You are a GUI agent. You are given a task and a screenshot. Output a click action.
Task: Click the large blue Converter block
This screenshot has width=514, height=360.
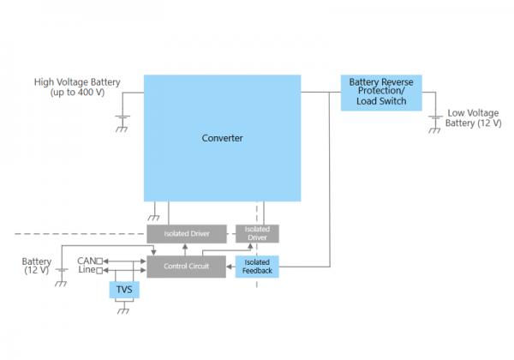(222, 138)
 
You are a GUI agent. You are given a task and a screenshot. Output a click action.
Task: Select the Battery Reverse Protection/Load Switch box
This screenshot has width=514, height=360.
(381, 93)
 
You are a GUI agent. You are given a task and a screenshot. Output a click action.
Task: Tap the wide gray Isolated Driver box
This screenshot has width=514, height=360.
(186, 234)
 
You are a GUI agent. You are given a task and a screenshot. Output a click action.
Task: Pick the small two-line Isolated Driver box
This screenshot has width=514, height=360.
(257, 233)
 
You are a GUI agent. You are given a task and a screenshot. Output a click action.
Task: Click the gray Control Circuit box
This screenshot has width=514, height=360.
(186, 267)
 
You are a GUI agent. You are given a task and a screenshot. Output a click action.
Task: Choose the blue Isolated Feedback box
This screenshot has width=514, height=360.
(257, 267)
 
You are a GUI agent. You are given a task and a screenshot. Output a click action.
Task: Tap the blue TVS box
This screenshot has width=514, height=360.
(124, 291)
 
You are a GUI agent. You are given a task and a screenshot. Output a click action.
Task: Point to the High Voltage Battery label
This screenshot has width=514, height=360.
(77, 87)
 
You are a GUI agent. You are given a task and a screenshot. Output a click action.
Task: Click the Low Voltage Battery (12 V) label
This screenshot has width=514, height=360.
(473, 117)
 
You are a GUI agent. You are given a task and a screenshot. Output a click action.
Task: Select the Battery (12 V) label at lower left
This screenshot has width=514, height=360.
(37, 265)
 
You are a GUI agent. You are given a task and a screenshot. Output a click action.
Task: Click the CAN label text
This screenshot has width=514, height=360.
(86, 261)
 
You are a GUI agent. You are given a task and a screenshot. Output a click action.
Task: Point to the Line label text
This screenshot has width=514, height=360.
(87, 271)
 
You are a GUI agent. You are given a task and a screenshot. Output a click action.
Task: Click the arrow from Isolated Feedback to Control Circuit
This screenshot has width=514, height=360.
(230, 267)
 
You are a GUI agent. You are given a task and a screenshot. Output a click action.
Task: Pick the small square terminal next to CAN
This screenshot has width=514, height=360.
(99, 261)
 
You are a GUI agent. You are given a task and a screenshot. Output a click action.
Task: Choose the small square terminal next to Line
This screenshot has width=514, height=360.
(99, 271)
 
